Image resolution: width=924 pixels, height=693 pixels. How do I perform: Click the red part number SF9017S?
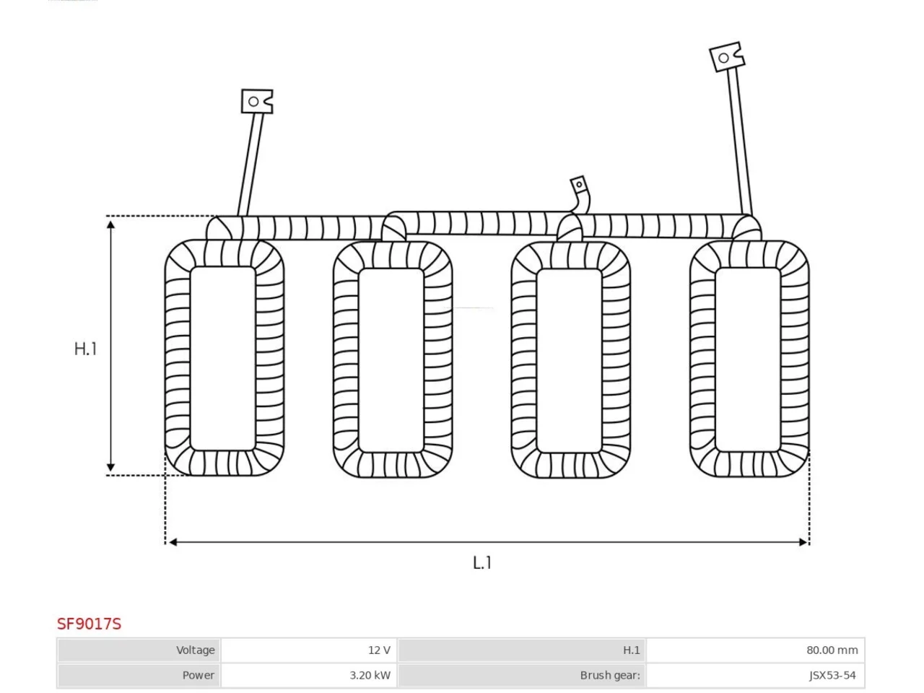[89, 624]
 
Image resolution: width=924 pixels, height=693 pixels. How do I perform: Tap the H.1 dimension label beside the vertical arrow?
[85, 349]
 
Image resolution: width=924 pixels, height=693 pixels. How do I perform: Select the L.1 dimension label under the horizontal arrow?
[482, 562]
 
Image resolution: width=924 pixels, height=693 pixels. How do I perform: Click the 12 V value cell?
[310, 650]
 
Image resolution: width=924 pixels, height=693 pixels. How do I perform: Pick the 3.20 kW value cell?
[310, 676]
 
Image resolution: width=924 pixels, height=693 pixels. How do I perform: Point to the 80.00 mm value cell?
[756, 650]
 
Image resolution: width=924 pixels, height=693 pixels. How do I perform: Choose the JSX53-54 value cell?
[756, 676]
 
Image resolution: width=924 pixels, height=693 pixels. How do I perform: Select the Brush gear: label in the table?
[610, 676]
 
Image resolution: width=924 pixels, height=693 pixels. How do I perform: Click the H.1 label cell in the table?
[522, 650]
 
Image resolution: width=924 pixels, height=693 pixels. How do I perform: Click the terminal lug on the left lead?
[257, 101]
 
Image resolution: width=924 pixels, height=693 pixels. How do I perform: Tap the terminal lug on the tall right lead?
[727, 57]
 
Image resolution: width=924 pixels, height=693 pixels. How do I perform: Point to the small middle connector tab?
[578, 184]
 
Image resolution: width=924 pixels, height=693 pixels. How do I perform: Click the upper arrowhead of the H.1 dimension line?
[110, 225]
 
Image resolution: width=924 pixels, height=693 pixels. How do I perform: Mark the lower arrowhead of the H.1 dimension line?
[110, 467]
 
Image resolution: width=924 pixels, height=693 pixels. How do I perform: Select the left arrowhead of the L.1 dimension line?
[173, 542]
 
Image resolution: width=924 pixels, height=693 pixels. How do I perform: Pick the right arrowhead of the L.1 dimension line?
[803, 542]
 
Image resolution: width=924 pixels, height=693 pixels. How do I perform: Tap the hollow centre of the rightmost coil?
[748, 359]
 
